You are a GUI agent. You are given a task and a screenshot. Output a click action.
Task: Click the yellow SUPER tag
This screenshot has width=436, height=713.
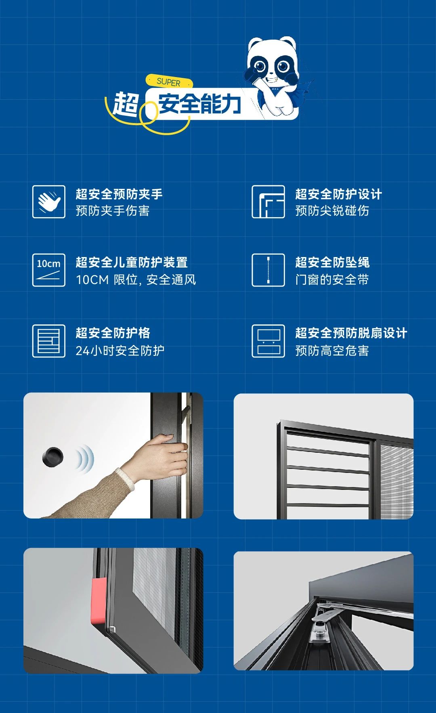point(169,82)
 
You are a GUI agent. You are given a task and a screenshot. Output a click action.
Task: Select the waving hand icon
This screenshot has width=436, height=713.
point(49,202)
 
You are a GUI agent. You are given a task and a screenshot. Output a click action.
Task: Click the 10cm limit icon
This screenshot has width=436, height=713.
point(49,270)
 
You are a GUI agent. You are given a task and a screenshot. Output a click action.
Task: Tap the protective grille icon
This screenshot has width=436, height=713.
point(49,341)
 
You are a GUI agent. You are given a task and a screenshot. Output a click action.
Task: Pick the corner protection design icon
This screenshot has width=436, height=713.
point(268,202)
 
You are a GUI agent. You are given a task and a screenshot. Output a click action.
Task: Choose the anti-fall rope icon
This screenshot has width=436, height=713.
point(268,270)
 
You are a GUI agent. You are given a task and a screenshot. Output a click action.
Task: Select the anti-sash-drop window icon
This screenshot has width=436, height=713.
point(268,341)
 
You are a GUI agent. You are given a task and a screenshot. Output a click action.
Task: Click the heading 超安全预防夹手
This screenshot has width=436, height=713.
point(119,194)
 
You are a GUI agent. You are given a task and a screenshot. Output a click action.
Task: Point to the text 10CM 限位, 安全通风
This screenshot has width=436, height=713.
point(136,280)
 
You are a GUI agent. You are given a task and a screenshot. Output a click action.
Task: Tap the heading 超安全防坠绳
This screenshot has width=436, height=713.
point(332,262)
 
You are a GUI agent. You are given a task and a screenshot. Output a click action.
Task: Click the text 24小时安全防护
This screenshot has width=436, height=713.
point(120,350)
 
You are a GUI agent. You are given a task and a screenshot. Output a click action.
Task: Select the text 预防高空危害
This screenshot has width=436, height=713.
point(332,350)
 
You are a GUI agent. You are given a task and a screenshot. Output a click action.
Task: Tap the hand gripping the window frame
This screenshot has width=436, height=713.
point(161,456)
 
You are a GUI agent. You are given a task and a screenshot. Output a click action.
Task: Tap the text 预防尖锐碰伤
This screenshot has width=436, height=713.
point(332,211)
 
